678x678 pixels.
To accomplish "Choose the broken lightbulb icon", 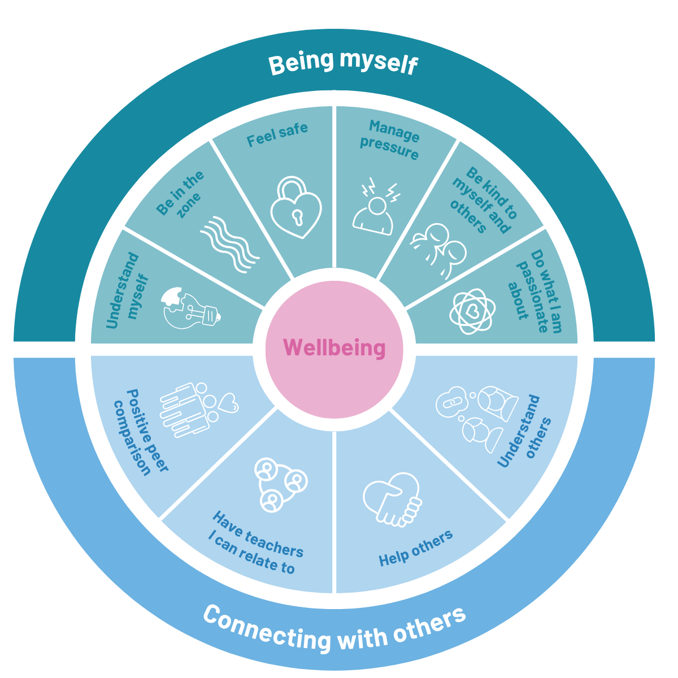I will [190, 308].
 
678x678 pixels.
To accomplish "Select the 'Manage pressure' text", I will [392, 140].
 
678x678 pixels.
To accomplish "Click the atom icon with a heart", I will [473, 310].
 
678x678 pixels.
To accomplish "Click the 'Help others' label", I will [415, 548].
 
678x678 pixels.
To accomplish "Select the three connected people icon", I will [279, 483].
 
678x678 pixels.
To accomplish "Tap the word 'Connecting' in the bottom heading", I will [266, 631].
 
